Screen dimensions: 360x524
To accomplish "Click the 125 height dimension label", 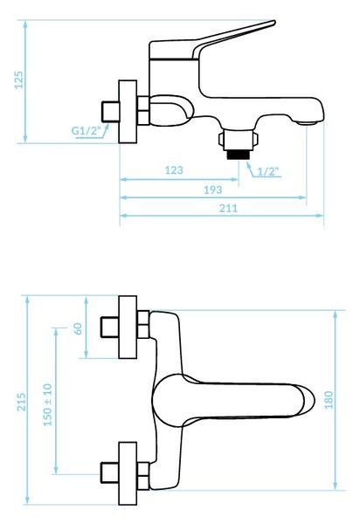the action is click(19, 80).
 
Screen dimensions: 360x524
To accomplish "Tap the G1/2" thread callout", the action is click(86, 130).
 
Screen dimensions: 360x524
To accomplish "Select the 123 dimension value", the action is click(174, 170).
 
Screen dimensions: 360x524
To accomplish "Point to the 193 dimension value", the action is click(213, 190).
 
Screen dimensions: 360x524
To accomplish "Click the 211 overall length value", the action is click(229, 208).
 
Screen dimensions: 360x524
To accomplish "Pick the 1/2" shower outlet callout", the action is click(268, 171).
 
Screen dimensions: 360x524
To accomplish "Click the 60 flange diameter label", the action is click(78, 328).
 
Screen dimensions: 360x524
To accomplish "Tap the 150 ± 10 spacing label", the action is click(48, 404).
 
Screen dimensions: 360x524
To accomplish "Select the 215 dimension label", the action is click(21, 402).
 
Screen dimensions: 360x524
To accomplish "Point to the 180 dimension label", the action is click(329, 400).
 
